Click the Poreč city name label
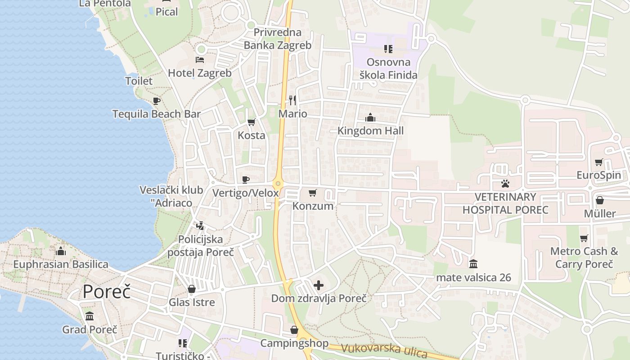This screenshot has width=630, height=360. (x=107, y=292)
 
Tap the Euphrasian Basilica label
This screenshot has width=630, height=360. (x=61, y=264)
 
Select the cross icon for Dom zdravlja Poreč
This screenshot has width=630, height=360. (x=319, y=285)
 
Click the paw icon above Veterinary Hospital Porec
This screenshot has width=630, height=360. (x=505, y=184)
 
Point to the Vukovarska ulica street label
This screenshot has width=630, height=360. (x=384, y=351)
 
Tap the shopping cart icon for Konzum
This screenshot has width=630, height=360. (x=313, y=193)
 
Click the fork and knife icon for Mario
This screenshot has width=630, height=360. (x=292, y=100)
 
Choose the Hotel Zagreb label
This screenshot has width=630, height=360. (x=200, y=73)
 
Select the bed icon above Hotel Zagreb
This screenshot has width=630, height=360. (x=200, y=60)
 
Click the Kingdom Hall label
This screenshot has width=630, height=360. (x=370, y=131)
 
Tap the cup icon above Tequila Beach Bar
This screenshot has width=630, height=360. (x=156, y=101)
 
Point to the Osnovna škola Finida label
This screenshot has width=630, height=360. (x=388, y=68)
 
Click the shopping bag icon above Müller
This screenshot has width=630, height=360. (x=599, y=200)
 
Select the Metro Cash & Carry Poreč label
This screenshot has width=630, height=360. (x=584, y=257)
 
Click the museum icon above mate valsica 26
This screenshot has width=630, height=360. (x=473, y=264)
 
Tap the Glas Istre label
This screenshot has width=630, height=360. (x=192, y=302)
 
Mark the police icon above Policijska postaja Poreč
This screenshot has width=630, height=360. (x=200, y=225)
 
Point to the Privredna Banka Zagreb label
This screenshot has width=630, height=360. (x=277, y=39)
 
